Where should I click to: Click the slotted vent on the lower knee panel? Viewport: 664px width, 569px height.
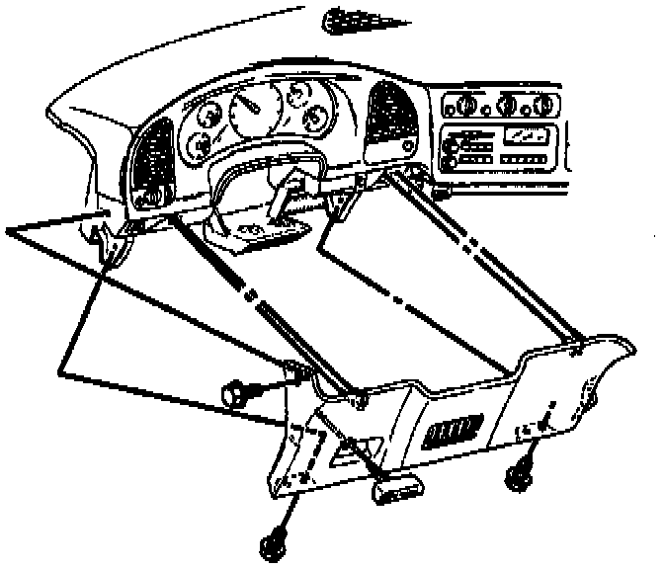pyautogui.click(x=456, y=431)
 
